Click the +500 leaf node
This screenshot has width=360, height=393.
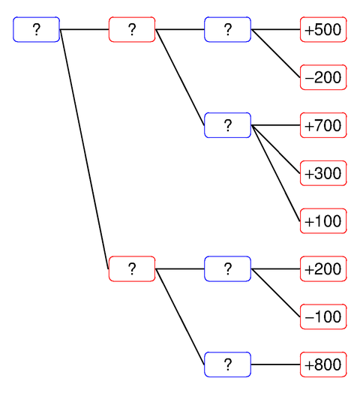(x=323, y=30)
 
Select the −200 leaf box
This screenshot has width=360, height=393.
(x=323, y=77)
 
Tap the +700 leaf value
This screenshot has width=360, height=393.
(x=323, y=125)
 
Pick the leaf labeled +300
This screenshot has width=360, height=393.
(x=323, y=173)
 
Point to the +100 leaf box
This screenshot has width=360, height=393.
(x=323, y=220)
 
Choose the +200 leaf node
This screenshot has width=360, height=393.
(x=323, y=268)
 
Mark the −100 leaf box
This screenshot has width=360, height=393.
(x=323, y=316)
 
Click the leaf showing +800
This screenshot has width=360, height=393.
(x=323, y=364)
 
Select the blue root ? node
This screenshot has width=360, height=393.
(x=36, y=30)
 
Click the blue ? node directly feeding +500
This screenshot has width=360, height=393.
(x=227, y=30)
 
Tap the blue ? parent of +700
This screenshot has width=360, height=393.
(x=227, y=125)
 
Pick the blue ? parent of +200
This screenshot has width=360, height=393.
(x=227, y=268)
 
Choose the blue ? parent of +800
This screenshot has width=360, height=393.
(x=227, y=364)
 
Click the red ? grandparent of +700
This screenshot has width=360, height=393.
(x=132, y=30)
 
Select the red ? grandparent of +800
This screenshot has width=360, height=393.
(x=132, y=268)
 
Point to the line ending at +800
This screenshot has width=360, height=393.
(x=275, y=364)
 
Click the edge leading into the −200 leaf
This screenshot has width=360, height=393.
(x=275, y=53)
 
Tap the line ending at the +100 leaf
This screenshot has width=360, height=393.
(x=276, y=173)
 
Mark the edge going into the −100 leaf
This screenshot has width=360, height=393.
(x=275, y=292)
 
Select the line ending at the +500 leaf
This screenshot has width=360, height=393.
(x=275, y=30)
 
